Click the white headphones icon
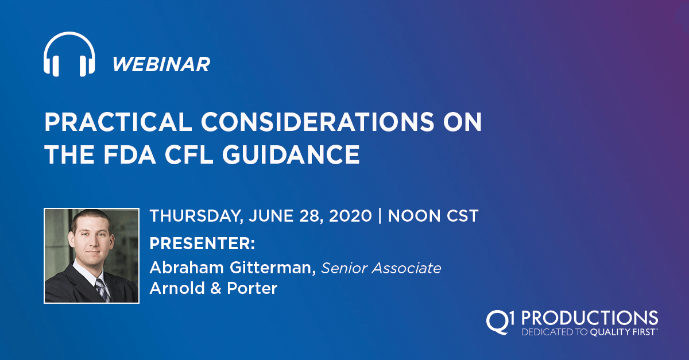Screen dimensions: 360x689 [69, 54]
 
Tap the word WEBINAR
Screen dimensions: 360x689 [161, 64]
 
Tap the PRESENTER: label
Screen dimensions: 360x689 [203, 243]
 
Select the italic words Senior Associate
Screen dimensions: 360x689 [381, 268]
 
